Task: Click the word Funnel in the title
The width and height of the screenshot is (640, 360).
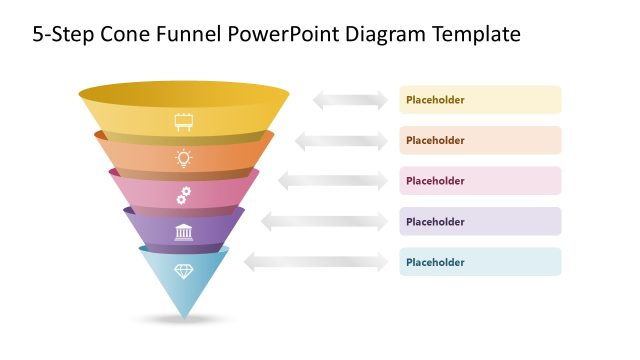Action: [x=185, y=35]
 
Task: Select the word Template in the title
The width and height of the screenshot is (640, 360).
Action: [x=476, y=35]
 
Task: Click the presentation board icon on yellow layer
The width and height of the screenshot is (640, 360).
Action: [x=184, y=122]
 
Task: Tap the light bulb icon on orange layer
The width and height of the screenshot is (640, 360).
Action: [x=184, y=157]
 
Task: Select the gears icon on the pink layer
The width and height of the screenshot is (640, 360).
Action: [x=184, y=195]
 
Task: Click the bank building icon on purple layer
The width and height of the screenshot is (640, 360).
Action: [x=184, y=233]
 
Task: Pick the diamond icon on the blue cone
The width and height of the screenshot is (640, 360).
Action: [x=184, y=271]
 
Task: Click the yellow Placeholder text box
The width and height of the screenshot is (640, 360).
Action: [x=480, y=100]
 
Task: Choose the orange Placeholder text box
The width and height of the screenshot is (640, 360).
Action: [x=480, y=140]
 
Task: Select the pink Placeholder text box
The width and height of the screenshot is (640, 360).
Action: [x=480, y=181]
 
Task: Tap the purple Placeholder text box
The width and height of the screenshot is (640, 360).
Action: [x=480, y=222]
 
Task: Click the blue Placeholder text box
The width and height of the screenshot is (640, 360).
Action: [x=480, y=262]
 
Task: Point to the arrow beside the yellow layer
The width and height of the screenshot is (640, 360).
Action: [x=350, y=100]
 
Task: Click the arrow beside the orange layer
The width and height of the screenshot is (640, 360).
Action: [x=341, y=141]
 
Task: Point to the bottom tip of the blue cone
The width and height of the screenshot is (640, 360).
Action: [x=184, y=316]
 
